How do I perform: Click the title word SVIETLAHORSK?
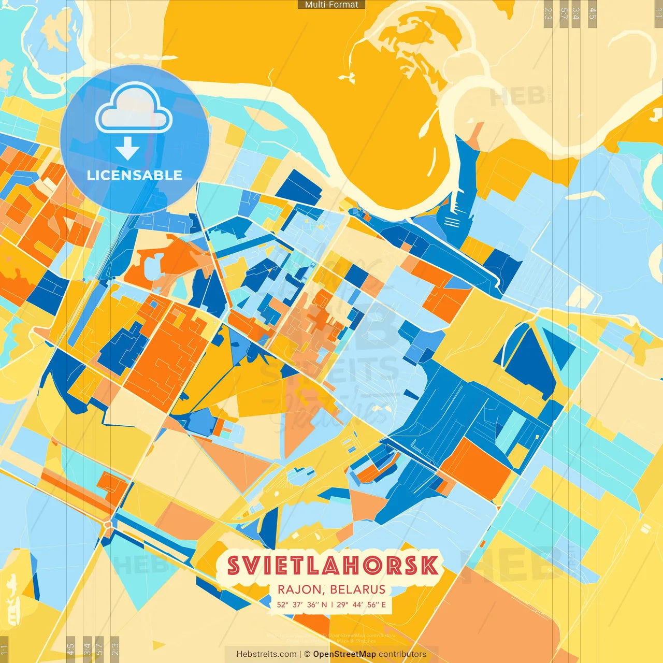[x=332, y=566]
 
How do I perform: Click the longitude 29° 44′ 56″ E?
[x=361, y=604]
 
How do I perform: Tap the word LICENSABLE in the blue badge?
[x=134, y=175]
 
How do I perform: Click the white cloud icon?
[x=134, y=110]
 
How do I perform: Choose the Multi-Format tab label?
[x=331, y=5]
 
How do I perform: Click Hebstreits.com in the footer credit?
[x=266, y=654]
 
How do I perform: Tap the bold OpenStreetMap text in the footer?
[x=344, y=654]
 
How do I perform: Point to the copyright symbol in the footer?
[x=307, y=654]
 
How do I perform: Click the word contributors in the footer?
[x=402, y=654]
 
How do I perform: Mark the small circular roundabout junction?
[x=108, y=525]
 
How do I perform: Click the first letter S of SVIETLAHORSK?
[x=234, y=566]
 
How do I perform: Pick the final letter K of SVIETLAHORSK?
[x=429, y=566]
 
